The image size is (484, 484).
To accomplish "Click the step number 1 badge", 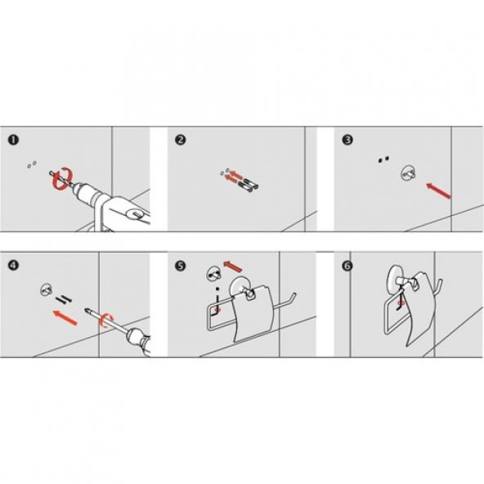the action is (13, 140).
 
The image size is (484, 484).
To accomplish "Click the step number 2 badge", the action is (180, 140).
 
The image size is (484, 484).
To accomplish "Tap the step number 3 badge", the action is (347, 140).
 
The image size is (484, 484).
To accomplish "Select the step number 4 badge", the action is (13, 265).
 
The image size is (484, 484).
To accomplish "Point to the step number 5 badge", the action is (180, 266).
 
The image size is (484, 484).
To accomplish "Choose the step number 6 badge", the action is (347, 266).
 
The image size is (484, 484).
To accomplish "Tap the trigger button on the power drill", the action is (135, 213).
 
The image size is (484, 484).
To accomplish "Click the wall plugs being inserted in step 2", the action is (249, 185).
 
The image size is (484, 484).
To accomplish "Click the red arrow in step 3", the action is (438, 190).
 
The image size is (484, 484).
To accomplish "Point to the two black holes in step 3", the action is (383, 159).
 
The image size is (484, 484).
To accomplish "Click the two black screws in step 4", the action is (64, 298).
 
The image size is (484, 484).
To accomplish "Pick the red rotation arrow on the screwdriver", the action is (106, 320).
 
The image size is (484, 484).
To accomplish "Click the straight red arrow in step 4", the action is (65, 317).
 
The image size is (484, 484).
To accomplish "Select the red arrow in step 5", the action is (233, 266).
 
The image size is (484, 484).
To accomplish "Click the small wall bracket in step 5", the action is (213, 273).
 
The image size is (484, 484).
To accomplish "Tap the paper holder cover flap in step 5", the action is (252, 313).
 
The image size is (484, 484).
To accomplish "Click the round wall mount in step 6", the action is (396, 279).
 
